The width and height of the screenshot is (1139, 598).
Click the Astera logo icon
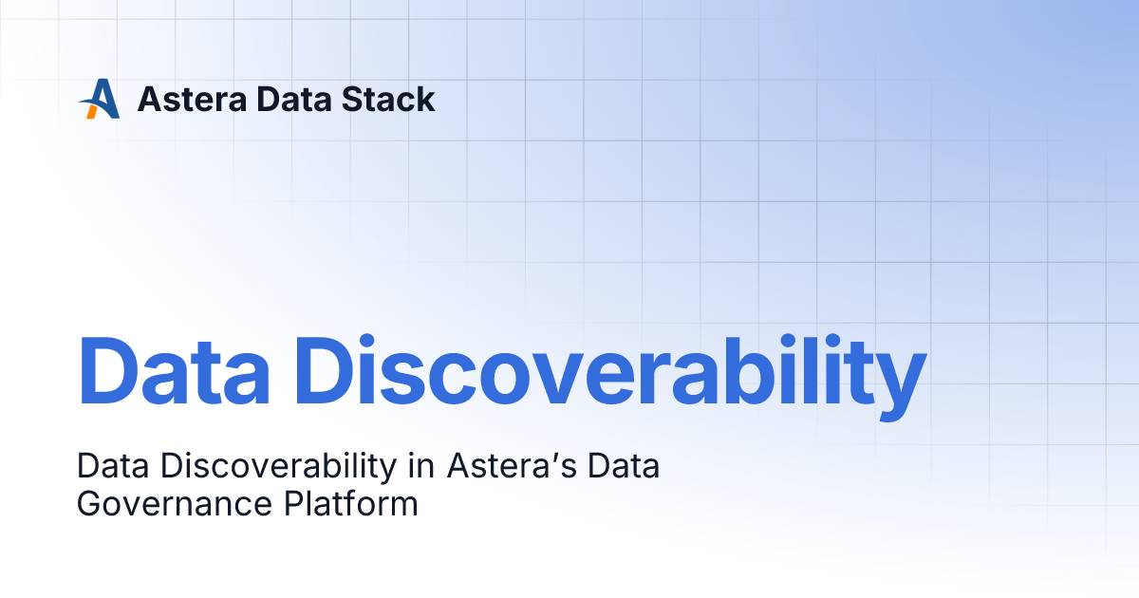(99, 99)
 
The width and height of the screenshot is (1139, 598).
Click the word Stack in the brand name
(391, 99)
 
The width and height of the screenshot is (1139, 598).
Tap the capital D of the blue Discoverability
(328, 370)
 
